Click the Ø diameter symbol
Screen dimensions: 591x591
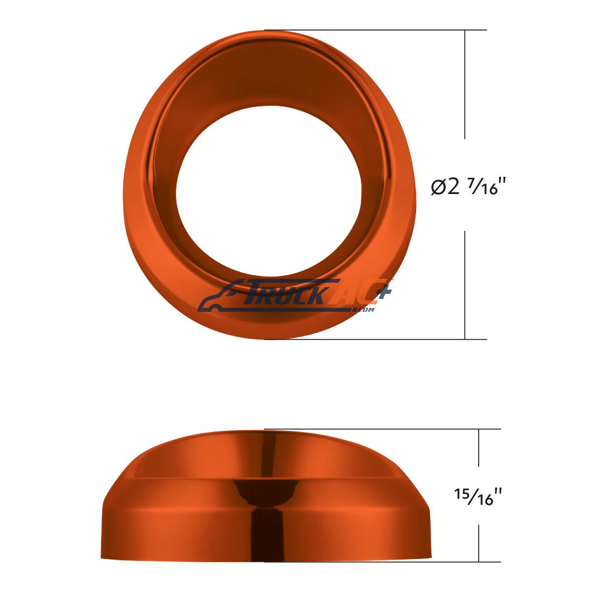coord(438,187)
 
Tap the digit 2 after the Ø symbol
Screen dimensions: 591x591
coord(453,187)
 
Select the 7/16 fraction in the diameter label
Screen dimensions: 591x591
coord(480,187)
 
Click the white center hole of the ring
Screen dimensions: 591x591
coord(269,192)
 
